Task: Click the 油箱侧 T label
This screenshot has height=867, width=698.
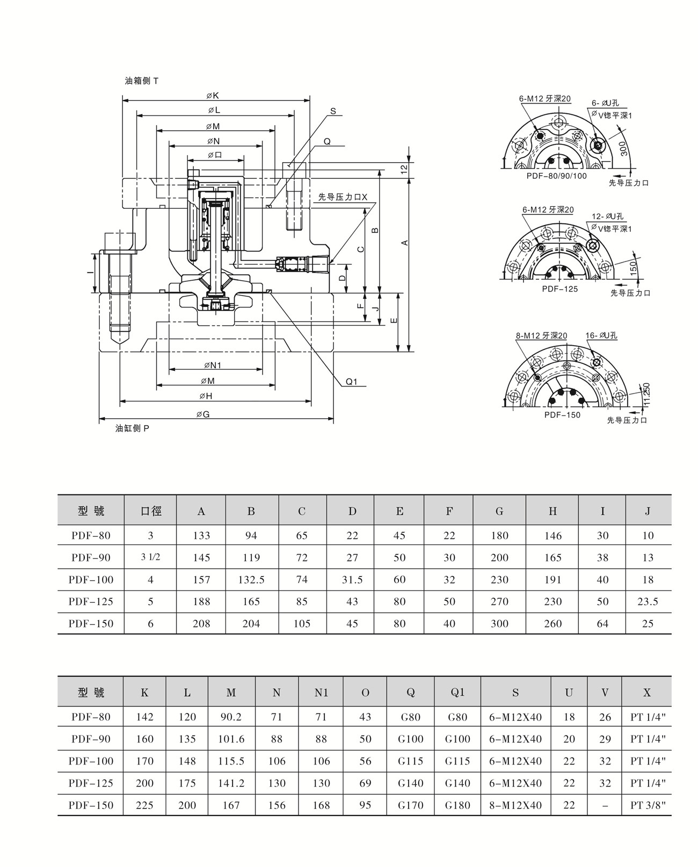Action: tap(142, 81)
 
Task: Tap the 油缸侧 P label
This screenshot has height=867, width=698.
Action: tap(132, 428)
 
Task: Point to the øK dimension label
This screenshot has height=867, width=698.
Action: tap(213, 96)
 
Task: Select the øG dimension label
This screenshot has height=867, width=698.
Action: tap(203, 414)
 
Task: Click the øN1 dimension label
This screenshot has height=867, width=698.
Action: tap(213, 365)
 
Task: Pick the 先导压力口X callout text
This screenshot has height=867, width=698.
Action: tap(343, 197)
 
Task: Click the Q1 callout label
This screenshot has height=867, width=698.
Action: tap(352, 382)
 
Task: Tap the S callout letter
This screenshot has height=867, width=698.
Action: tap(333, 111)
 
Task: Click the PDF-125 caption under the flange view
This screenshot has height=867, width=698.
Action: tap(560, 289)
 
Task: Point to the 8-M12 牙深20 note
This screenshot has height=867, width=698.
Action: tap(541, 336)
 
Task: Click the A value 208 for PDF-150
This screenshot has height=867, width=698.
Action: tap(201, 624)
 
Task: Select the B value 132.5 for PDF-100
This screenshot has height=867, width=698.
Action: tap(251, 580)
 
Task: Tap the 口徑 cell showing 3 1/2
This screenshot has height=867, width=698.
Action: tap(150, 557)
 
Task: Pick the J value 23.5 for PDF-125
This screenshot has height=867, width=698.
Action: tap(648, 602)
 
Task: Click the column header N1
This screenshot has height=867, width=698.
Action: tap(321, 693)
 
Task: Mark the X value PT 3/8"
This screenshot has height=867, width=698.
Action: tap(648, 805)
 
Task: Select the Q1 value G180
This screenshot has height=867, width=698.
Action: tap(457, 805)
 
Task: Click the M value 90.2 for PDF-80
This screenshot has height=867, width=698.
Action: tap(231, 717)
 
